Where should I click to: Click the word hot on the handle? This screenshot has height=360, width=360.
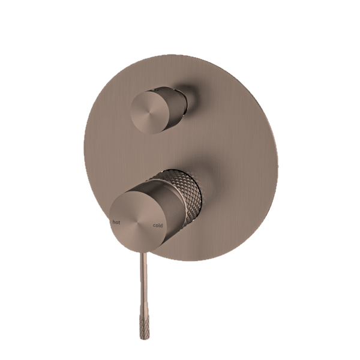(x=115, y=223)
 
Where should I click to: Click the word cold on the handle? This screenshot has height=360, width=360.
(x=157, y=226)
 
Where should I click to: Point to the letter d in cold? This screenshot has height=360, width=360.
(x=161, y=226)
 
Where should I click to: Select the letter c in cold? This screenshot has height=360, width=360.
(x=154, y=226)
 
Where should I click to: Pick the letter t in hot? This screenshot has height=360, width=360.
(x=118, y=223)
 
